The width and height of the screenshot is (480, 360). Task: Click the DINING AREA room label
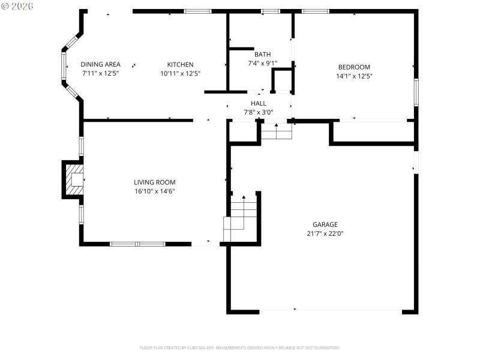point(101,65)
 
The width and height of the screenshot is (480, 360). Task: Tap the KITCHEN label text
point(180,65)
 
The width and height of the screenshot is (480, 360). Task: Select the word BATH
point(262,54)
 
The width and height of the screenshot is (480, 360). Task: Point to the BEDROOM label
point(354,67)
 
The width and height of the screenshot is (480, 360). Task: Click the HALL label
point(259,104)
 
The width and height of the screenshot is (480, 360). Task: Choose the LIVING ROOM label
point(154,182)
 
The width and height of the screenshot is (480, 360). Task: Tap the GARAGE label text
point(325,224)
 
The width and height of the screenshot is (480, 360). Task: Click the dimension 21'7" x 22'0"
point(325,233)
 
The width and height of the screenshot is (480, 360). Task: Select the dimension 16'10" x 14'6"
point(154,191)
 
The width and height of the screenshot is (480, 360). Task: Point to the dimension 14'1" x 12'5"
point(354,76)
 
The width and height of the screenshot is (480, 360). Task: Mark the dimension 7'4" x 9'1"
point(262,63)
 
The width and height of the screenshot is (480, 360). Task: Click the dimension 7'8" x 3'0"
point(259,112)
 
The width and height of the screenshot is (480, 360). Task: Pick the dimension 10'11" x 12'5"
point(180,74)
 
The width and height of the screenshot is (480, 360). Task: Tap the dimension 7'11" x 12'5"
point(101,74)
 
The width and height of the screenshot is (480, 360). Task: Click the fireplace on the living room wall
point(74,179)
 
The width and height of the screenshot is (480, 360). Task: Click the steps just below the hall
point(276,131)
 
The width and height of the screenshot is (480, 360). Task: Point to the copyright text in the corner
point(17,5)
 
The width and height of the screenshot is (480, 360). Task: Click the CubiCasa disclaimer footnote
point(240,347)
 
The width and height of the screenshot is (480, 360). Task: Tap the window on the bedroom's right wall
point(416,92)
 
